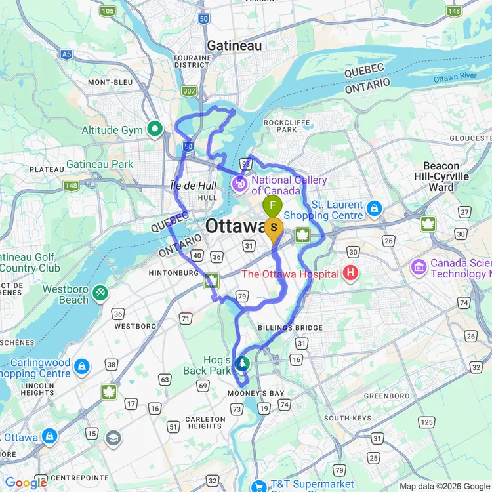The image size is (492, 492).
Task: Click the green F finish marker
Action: coord(272,206)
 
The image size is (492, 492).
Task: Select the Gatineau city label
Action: coord(234,45)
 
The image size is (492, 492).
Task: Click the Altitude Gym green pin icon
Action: coord(155,129)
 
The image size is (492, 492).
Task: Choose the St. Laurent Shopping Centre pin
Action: coord(374,209)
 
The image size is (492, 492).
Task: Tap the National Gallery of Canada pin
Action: coord(240,185)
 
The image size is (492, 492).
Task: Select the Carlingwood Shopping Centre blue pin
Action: coord(81,365)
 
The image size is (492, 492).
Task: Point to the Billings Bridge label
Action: coord(290,328)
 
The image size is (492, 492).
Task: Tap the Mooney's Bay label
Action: coord(256,394)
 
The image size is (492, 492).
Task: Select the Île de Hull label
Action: coord(193,186)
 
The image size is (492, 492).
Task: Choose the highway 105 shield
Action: coord(108,11)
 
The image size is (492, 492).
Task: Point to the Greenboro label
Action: coord(386,396)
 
